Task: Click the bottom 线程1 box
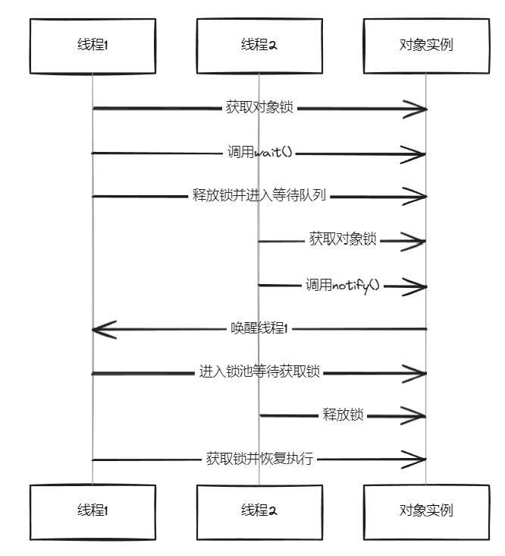click(93, 510)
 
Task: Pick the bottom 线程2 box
click(259, 510)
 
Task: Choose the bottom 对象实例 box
click(425, 510)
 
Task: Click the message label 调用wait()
click(259, 153)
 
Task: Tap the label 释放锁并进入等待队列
click(259, 196)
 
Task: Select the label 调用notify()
click(342, 286)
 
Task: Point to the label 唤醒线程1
click(259, 328)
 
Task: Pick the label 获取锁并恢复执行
click(259, 459)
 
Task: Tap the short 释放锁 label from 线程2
click(343, 415)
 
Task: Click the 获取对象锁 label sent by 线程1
click(259, 108)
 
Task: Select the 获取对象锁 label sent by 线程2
click(343, 239)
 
